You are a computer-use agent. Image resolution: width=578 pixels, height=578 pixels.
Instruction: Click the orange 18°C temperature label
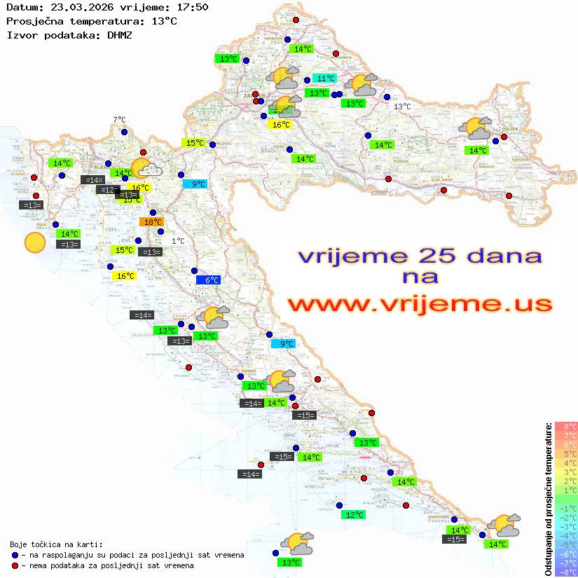point(152,222)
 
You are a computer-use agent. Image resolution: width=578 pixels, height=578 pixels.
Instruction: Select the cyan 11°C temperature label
point(324,78)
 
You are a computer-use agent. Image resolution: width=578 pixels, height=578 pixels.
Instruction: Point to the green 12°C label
point(354,515)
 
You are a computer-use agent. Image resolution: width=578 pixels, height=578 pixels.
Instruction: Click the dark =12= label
point(108,190)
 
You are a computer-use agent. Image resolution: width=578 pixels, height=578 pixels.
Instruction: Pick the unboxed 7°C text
point(119,121)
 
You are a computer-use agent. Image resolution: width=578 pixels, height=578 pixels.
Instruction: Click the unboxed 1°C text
point(178,241)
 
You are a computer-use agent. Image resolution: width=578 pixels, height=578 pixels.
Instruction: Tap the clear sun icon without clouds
point(34,243)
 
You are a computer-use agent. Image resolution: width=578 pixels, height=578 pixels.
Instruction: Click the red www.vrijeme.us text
point(420,304)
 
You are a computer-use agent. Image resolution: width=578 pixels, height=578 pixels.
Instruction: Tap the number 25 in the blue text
point(434,255)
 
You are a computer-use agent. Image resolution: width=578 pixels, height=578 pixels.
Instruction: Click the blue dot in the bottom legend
point(15,555)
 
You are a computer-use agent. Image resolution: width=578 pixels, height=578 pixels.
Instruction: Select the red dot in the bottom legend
point(15,565)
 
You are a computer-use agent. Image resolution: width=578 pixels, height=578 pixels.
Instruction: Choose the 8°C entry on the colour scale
point(565,426)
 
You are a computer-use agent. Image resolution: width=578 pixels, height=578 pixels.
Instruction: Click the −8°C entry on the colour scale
point(565,572)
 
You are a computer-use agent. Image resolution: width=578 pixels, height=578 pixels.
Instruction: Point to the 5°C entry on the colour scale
point(565,453)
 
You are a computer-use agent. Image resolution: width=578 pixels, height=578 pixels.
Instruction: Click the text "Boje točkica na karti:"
point(56,544)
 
